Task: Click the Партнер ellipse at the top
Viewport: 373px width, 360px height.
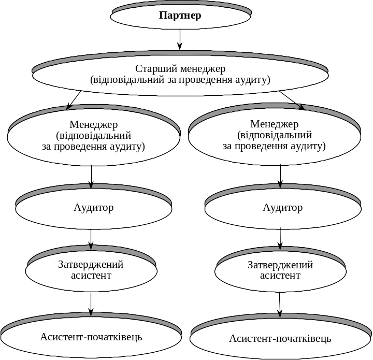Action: [180, 16]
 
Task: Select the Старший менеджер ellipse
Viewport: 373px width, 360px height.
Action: [180, 75]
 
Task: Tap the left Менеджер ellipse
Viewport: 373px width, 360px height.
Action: [93, 136]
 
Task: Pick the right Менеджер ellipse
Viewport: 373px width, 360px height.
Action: [275, 136]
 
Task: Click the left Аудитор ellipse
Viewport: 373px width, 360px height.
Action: [93, 208]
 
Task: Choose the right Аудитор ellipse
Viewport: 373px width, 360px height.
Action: [282, 208]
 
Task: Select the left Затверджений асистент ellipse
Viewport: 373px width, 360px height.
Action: [91, 270]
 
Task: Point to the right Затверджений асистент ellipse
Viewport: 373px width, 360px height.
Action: [280, 270]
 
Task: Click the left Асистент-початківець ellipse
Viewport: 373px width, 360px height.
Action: [91, 337]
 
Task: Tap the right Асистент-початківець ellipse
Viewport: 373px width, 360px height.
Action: [280, 339]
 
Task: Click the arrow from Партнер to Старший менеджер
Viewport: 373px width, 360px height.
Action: [180, 39]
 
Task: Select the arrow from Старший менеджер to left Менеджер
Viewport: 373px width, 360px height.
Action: [74, 100]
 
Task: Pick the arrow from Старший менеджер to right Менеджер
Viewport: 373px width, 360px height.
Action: [292, 100]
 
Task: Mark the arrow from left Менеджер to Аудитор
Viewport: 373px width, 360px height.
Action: [92, 177]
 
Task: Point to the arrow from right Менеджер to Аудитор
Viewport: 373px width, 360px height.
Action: [280, 177]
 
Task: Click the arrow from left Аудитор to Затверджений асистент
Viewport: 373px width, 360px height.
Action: [91, 239]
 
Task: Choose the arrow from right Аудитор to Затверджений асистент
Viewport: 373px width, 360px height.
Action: [280, 239]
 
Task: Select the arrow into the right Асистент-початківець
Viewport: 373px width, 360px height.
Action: [280, 305]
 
